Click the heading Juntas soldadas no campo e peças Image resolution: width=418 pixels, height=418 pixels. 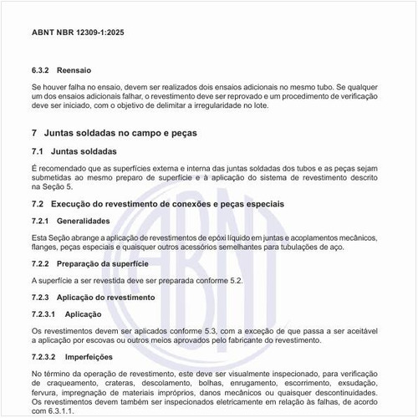click(119, 134)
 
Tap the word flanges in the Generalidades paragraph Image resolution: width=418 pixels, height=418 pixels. click(44, 247)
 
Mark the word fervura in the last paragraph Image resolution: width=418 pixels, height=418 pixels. click(45, 392)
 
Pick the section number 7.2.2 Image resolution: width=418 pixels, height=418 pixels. click(42, 264)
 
